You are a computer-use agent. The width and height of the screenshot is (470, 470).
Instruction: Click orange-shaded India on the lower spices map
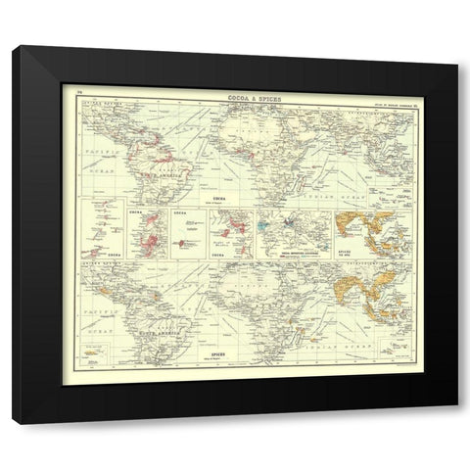click(336, 279)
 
